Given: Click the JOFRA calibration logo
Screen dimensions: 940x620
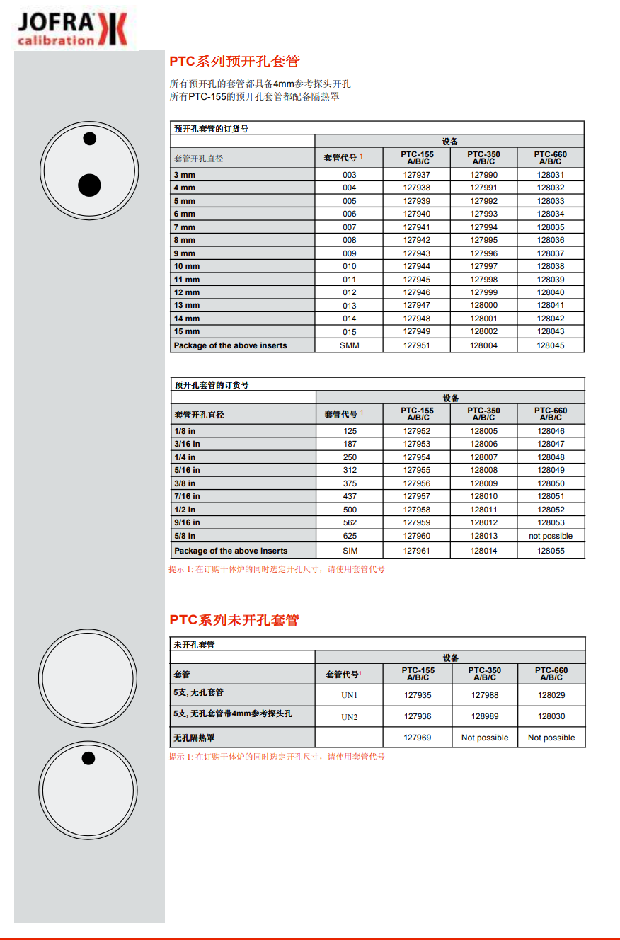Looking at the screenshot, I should (x=72, y=30).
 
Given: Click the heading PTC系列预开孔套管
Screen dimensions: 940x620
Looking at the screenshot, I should (x=234, y=62).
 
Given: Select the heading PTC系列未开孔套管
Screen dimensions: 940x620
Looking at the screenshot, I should (x=234, y=620).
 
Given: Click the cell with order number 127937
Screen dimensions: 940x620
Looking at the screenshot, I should (x=417, y=175).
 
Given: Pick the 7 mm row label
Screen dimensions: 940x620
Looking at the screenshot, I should (x=185, y=227).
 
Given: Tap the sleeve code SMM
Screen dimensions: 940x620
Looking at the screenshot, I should (x=350, y=345).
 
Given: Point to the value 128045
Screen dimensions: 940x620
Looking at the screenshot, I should (x=551, y=345).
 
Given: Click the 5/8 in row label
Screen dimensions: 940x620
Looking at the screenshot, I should (x=185, y=536).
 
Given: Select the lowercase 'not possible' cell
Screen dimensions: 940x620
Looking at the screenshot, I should (x=551, y=536).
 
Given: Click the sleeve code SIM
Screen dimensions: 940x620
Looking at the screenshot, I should (x=350, y=551).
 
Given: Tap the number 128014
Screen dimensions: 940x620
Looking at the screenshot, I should (x=484, y=551).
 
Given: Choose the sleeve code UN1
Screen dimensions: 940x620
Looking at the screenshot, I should (x=350, y=695).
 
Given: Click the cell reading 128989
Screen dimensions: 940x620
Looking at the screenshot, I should (x=485, y=716).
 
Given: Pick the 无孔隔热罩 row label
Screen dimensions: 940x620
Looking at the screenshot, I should (x=194, y=738).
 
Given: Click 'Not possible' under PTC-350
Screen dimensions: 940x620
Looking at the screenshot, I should (x=485, y=738).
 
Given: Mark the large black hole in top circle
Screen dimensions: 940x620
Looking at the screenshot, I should (x=89, y=185).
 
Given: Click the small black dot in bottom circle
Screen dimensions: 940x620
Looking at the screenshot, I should (x=88, y=759).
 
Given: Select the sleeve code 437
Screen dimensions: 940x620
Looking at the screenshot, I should (x=350, y=496).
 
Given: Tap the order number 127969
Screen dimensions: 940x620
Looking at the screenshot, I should (x=418, y=738).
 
